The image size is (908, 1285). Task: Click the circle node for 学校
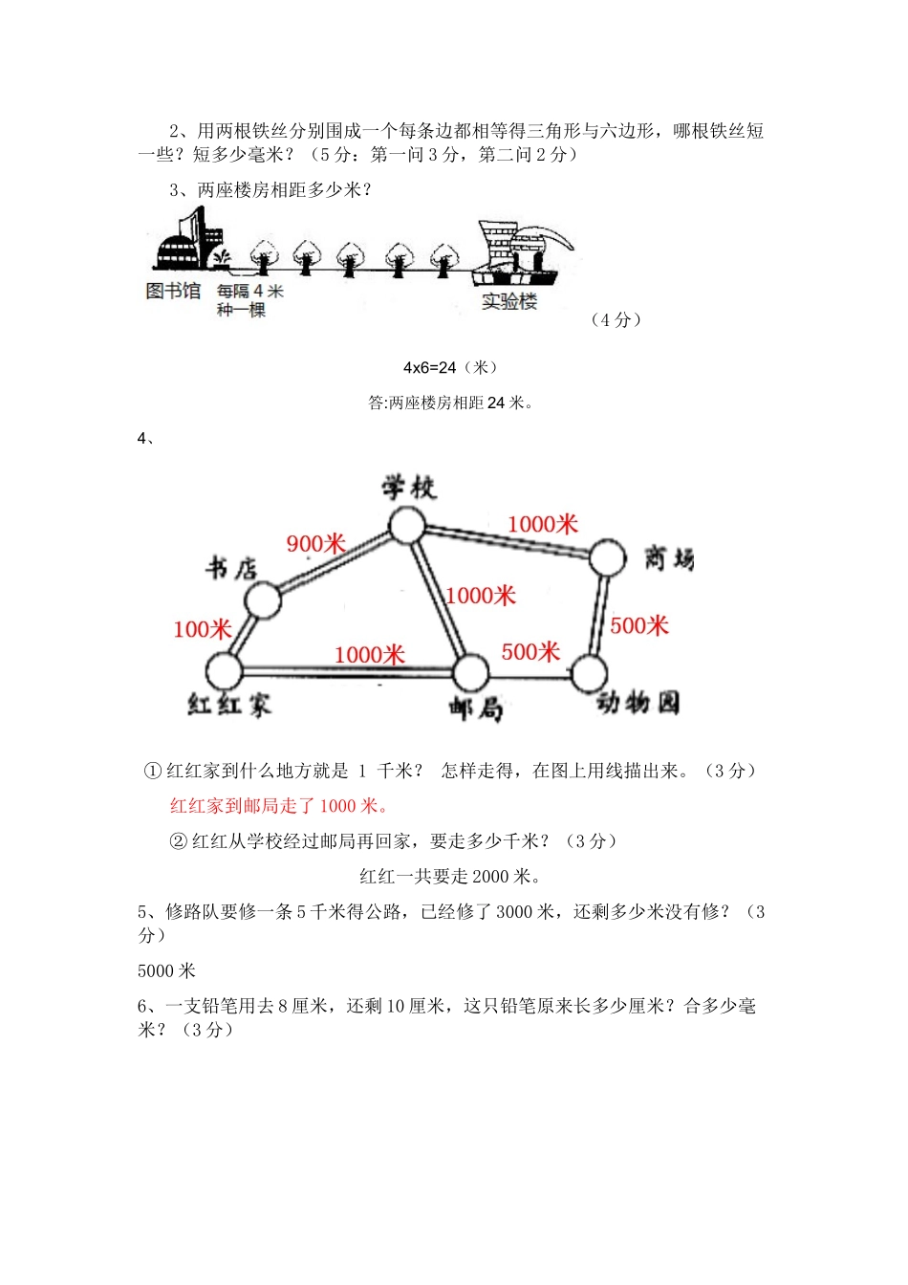(x=408, y=525)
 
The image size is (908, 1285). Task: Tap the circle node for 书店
(x=263, y=600)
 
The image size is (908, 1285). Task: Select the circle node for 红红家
(x=224, y=671)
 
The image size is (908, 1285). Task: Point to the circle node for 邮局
(x=470, y=673)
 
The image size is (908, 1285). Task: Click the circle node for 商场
(x=607, y=557)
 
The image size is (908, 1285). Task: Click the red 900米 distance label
(x=316, y=544)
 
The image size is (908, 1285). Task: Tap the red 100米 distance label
(x=203, y=629)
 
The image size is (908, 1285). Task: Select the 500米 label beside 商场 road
(x=639, y=625)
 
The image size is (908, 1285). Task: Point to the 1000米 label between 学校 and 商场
(x=543, y=524)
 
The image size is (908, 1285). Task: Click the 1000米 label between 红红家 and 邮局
(x=370, y=655)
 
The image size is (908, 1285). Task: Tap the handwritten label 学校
(x=409, y=488)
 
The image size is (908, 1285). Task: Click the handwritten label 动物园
(x=638, y=703)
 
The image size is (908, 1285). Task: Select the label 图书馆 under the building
(x=173, y=291)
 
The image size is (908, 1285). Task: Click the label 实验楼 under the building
(x=509, y=302)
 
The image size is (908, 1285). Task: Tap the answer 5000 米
(x=166, y=971)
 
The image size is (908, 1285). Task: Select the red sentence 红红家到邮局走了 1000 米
(x=280, y=806)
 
